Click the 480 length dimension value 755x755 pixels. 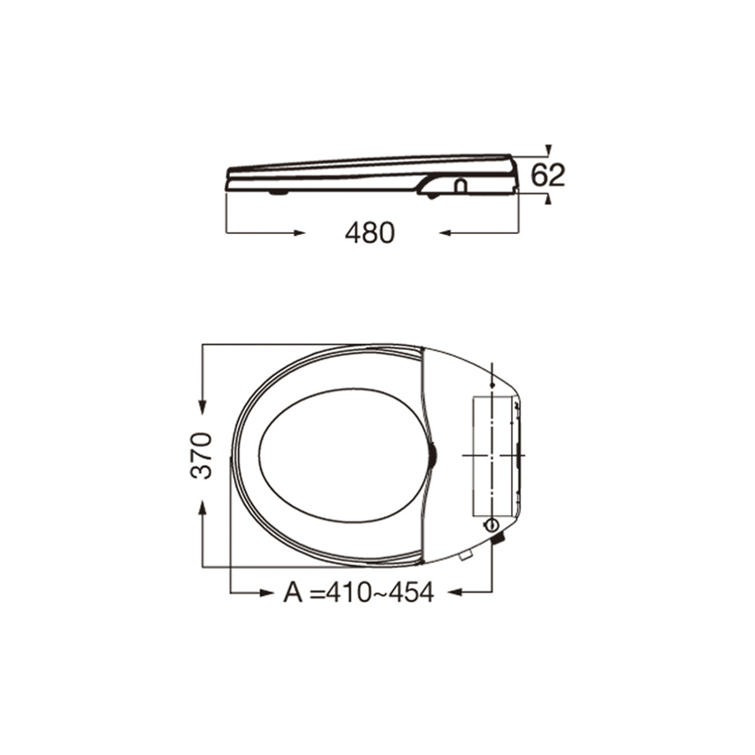coord(369,232)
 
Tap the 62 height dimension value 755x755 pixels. coord(549,175)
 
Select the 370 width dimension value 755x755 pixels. coord(200,456)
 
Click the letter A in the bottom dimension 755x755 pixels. coord(292,592)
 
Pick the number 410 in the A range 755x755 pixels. coord(350,592)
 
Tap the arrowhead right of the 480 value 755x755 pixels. coord(445,232)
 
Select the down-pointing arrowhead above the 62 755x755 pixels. coord(548,149)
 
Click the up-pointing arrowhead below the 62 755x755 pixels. coord(548,199)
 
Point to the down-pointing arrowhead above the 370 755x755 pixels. coord(200,408)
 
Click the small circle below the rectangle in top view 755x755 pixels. coord(491,525)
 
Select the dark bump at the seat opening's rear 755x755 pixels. coord(433,454)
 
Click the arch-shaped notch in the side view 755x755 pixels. coord(460,185)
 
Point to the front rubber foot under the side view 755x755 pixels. coord(278,192)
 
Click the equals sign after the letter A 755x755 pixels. coord(315,593)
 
